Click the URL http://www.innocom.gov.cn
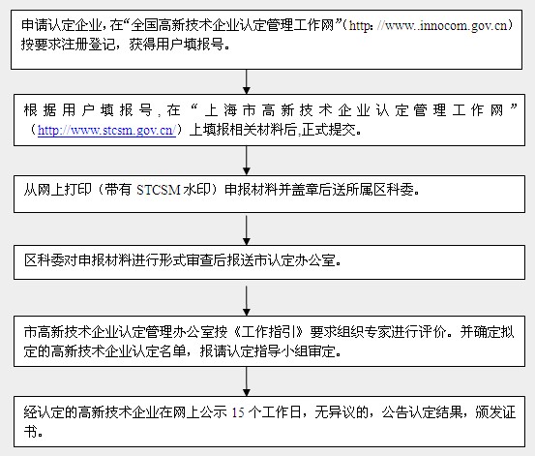[429, 25]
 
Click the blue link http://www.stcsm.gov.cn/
[106, 130]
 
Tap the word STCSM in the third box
[159, 190]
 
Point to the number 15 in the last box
[238, 412]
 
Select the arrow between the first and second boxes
[247, 81]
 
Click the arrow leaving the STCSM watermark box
[247, 229]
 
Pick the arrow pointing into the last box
[247, 381]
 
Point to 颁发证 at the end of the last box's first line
[495, 412]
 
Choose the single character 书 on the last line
[30, 432]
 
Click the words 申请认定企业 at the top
[61, 25]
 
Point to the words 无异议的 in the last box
[342, 412]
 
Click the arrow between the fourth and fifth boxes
[247, 300]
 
